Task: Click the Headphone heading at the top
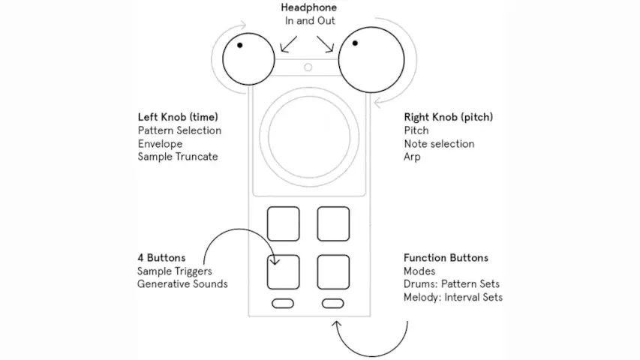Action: tap(309, 7)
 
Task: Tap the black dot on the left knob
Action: tap(240, 44)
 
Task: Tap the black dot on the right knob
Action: tap(355, 43)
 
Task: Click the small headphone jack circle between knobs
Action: tap(308, 67)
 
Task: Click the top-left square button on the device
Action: tap(283, 223)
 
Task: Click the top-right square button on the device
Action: tap(333, 223)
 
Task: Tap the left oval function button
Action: tap(283, 303)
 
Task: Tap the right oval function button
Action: tap(333, 303)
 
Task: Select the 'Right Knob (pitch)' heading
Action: tap(449, 117)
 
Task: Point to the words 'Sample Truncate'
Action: tap(177, 157)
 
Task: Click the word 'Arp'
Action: tap(412, 157)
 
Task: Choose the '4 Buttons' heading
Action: tap(161, 258)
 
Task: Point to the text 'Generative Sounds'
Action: tap(182, 284)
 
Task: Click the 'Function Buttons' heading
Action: tap(446, 258)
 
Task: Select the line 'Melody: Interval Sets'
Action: tap(453, 298)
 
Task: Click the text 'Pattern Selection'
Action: tap(179, 130)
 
